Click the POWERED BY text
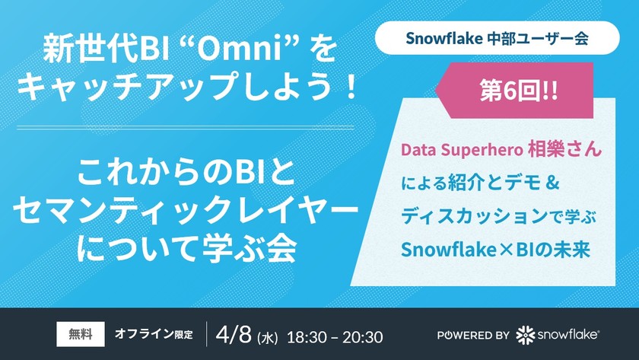tap(473, 335)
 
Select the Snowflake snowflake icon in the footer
tap(525, 335)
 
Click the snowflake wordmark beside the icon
tap(568, 335)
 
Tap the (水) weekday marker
tap(267, 336)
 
